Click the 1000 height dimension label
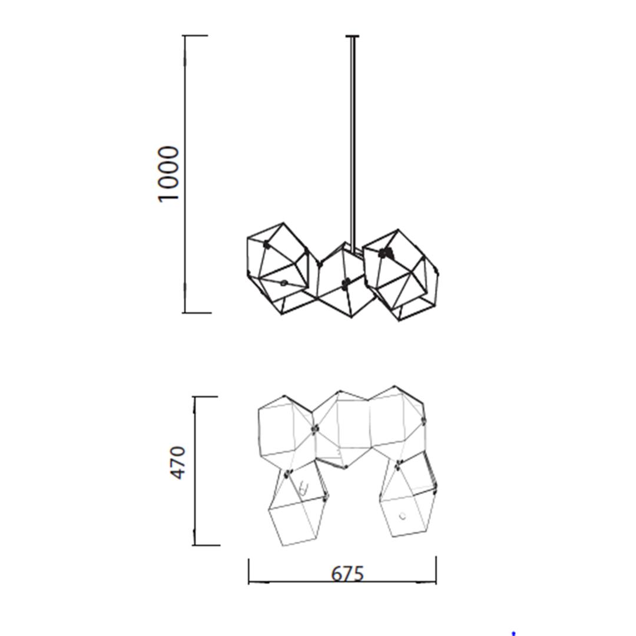[168, 174]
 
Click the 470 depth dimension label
[177, 463]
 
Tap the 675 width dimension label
[347, 574]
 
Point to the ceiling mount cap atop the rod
[353, 37]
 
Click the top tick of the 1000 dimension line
[196, 36]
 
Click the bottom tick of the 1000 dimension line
[197, 313]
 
